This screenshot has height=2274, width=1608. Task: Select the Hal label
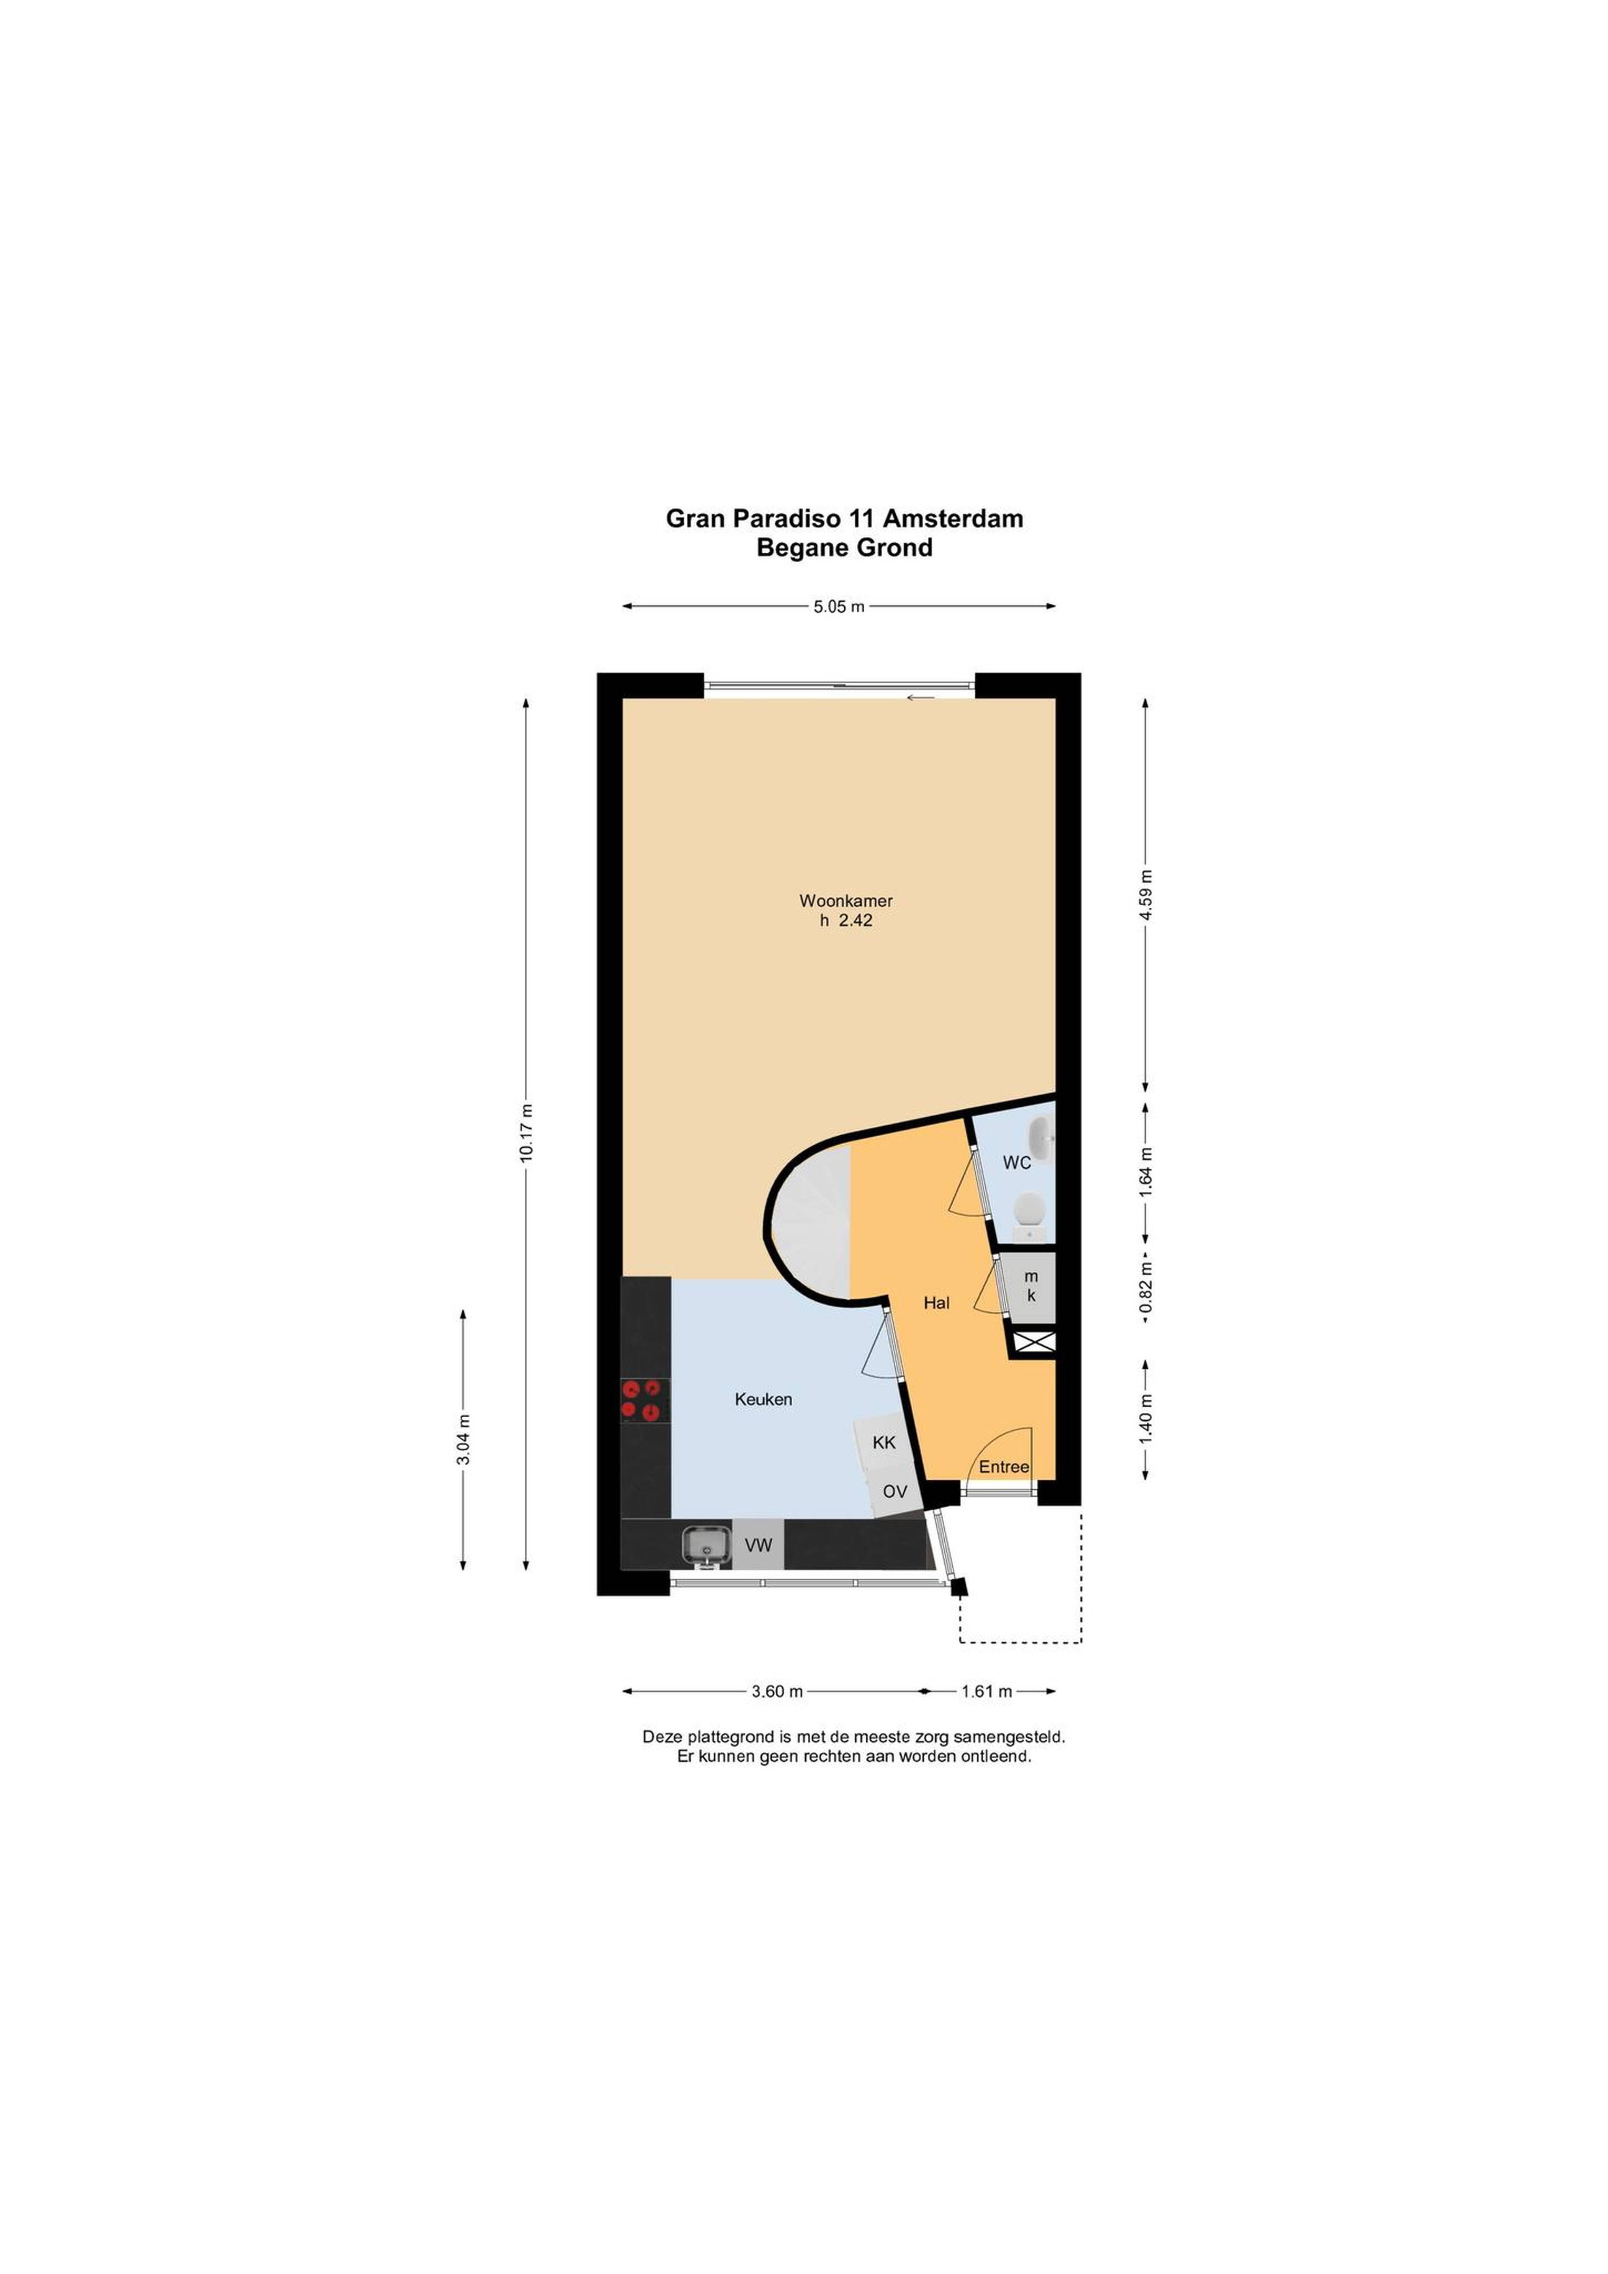[936, 1303]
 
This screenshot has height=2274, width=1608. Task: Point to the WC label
[1017, 1163]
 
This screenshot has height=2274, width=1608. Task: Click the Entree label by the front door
[1004, 1467]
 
